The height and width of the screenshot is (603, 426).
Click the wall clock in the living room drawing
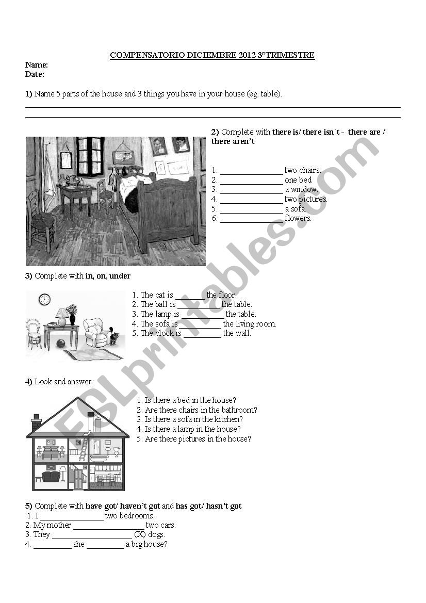44,299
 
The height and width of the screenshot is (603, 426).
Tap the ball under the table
61,343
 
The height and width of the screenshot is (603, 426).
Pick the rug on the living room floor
93,354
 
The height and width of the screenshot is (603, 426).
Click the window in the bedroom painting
90,156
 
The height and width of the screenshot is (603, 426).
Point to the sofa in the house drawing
51,476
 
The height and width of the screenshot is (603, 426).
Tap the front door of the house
78,478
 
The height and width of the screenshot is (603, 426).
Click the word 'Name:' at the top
37,65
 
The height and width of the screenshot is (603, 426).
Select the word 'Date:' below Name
35,74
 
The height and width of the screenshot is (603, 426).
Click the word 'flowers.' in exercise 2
298,218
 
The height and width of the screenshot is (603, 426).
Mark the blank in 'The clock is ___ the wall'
202,334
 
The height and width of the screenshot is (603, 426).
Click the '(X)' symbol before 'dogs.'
140,534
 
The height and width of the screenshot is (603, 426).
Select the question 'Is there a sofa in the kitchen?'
193,419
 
